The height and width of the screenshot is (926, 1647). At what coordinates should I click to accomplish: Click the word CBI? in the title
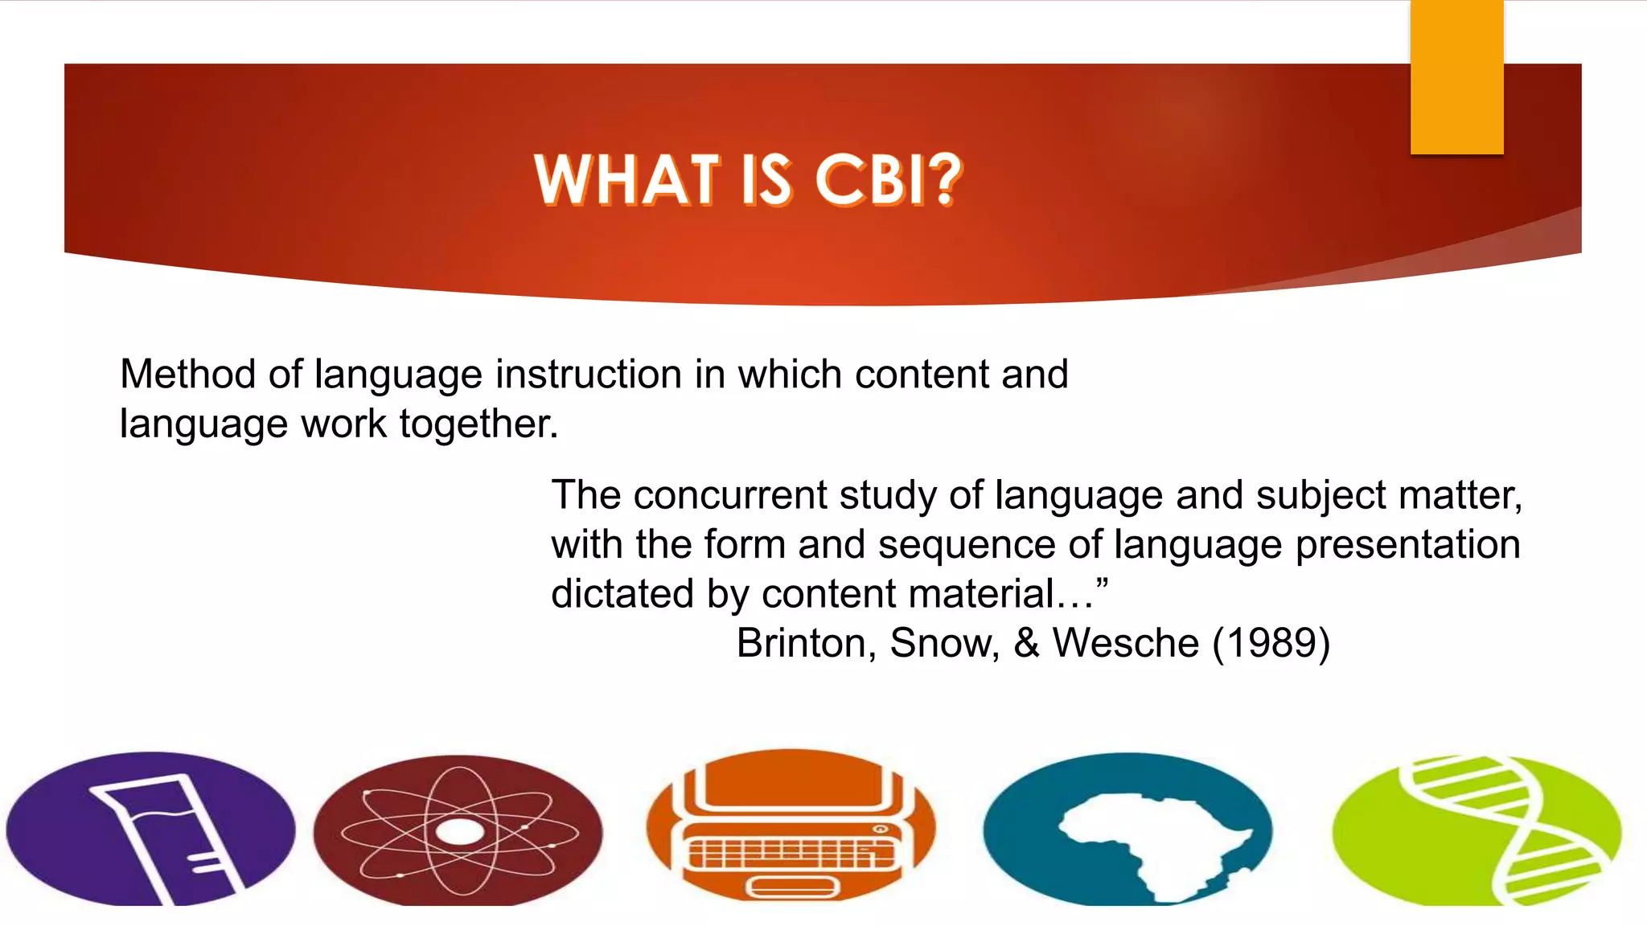889,179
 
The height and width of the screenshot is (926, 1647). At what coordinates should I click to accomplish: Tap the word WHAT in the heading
626,179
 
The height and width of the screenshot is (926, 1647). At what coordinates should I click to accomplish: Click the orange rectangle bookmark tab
1456,76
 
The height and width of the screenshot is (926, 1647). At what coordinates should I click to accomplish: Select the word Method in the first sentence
187,375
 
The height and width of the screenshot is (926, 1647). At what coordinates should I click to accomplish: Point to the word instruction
589,375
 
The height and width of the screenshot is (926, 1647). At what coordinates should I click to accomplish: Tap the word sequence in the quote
966,544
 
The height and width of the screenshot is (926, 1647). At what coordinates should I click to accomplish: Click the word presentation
1407,544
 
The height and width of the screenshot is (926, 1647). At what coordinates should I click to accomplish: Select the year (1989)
1271,643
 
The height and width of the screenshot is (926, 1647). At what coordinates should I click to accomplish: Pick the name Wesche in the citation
1126,643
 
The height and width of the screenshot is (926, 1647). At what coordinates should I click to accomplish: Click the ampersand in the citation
1026,643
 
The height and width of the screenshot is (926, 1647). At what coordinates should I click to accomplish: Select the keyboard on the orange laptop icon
791,852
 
